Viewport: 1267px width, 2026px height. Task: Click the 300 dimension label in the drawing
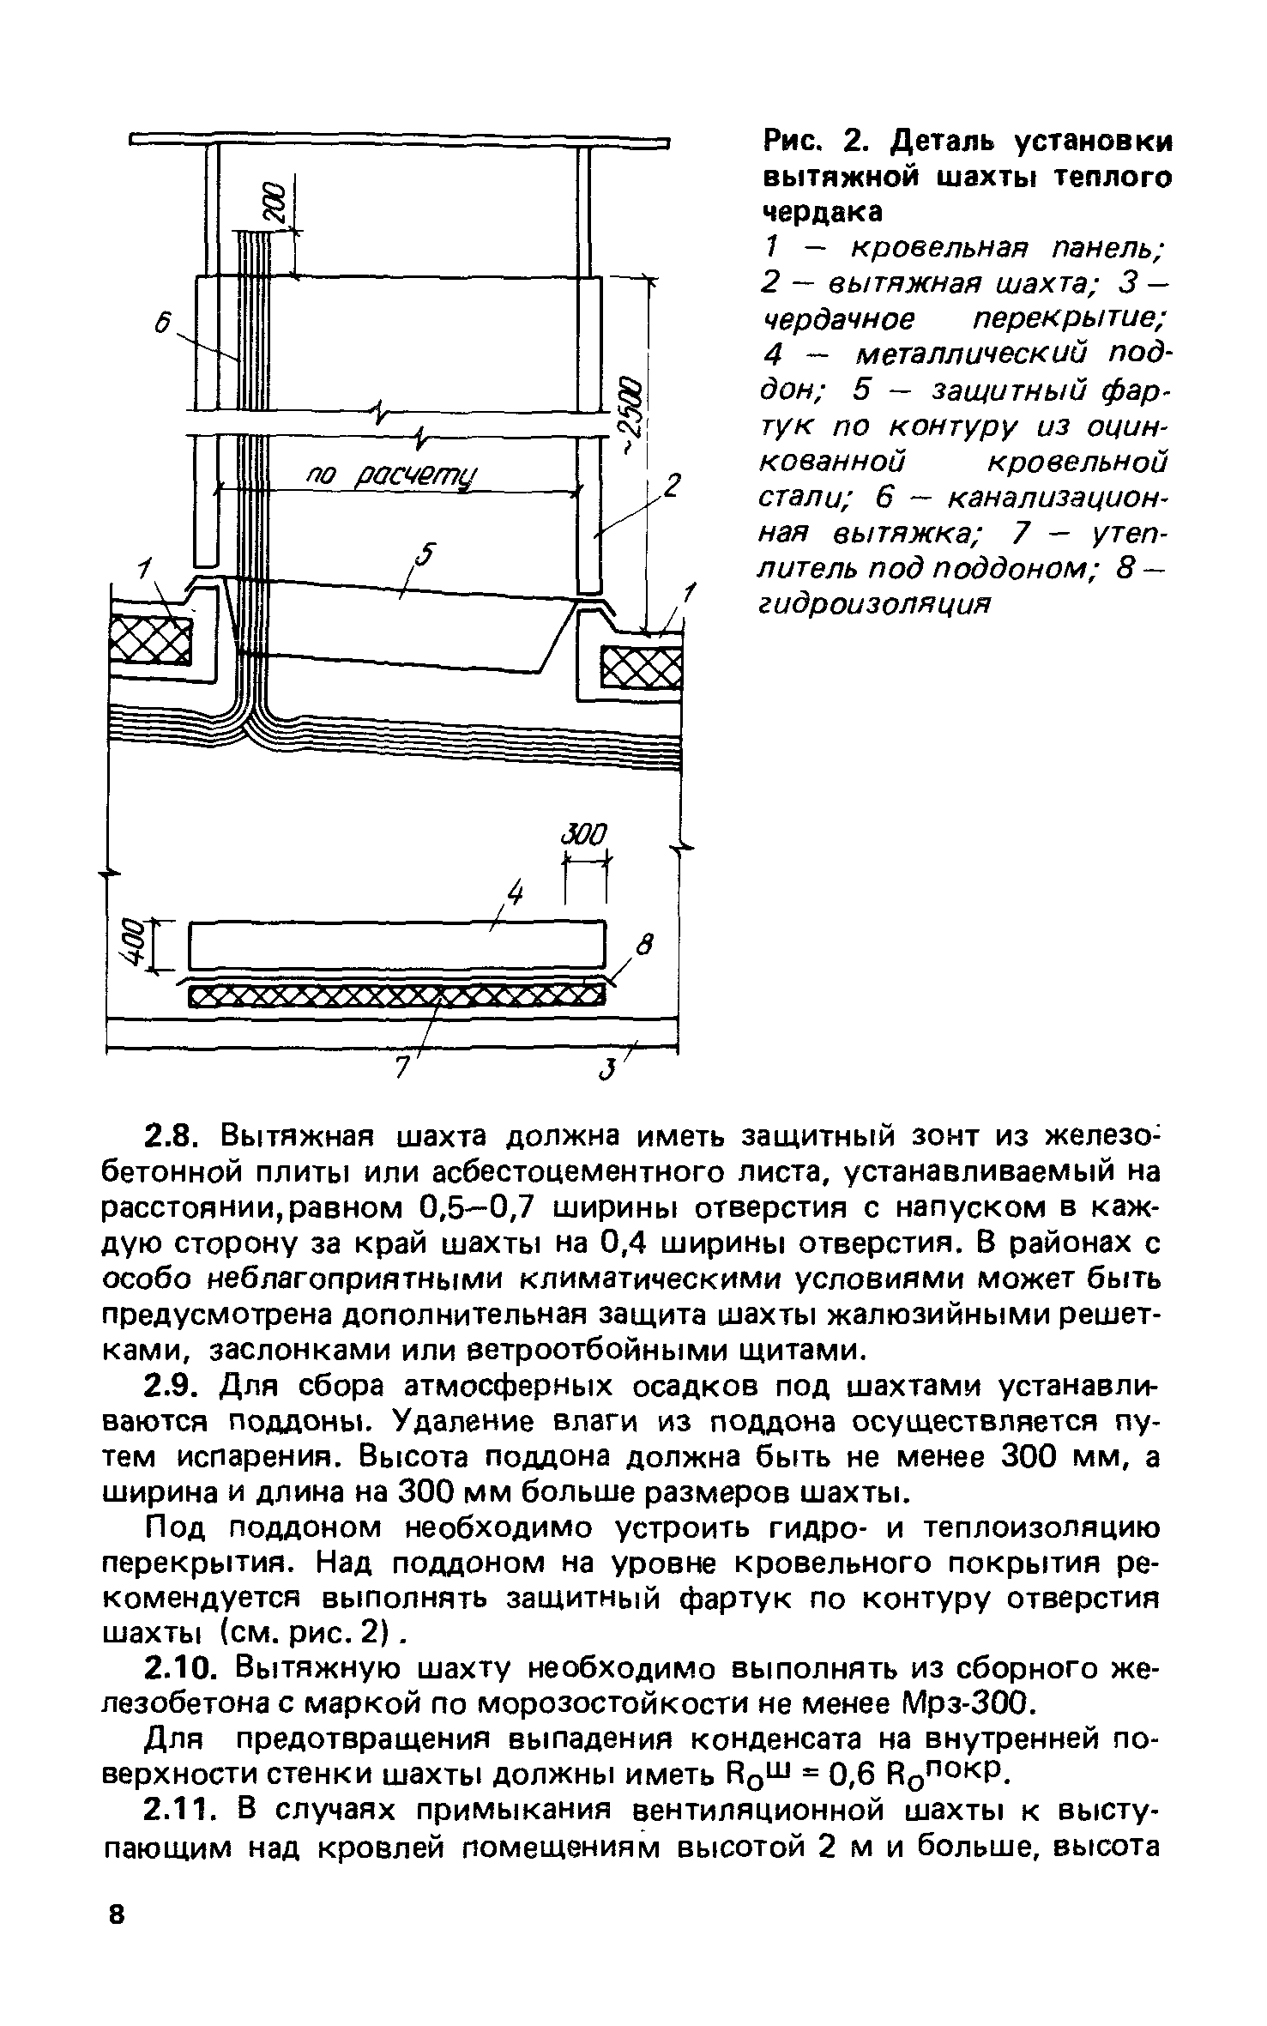click(584, 833)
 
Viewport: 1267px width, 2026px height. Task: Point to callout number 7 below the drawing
click(400, 1068)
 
